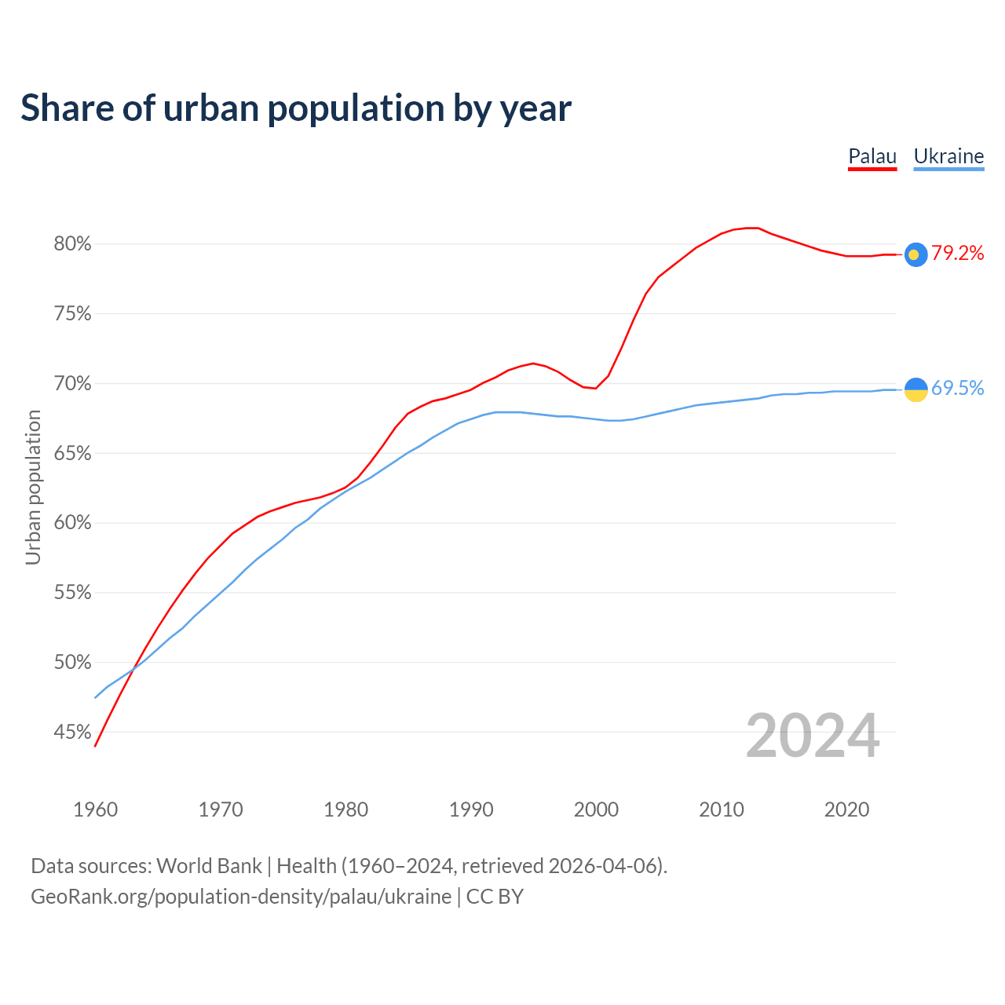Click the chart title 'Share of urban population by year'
pyautogui.click(x=296, y=108)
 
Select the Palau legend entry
pyautogui.click(x=872, y=156)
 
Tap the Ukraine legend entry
pyautogui.click(x=948, y=156)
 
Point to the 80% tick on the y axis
pyautogui.click(x=73, y=244)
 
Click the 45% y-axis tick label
pyautogui.click(x=73, y=733)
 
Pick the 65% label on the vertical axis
pyautogui.click(x=73, y=454)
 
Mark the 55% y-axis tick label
pyautogui.click(x=73, y=593)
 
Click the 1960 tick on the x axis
pyautogui.click(x=95, y=809)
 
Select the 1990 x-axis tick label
pyautogui.click(x=471, y=809)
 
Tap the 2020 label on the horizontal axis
pyautogui.click(x=846, y=809)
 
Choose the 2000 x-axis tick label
pyautogui.click(x=596, y=809)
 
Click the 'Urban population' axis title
pyautogui.click(x=33, y=488)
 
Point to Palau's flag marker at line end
pyautogui.click(x=915, y=254)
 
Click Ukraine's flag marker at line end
pyautogui.click(x=915, y=389)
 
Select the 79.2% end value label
pyautogui.click(x=958, y=253)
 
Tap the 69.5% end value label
pyautogui.click(x=958, y=388)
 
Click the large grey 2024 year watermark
pyautogui.click(x=813, y=736)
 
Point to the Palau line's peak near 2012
pyautogui.click(x=751, y=228)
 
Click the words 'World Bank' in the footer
pyautogui.click(x=209, y=866)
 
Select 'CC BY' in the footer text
pyautogui.click(x=495, y=897)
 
